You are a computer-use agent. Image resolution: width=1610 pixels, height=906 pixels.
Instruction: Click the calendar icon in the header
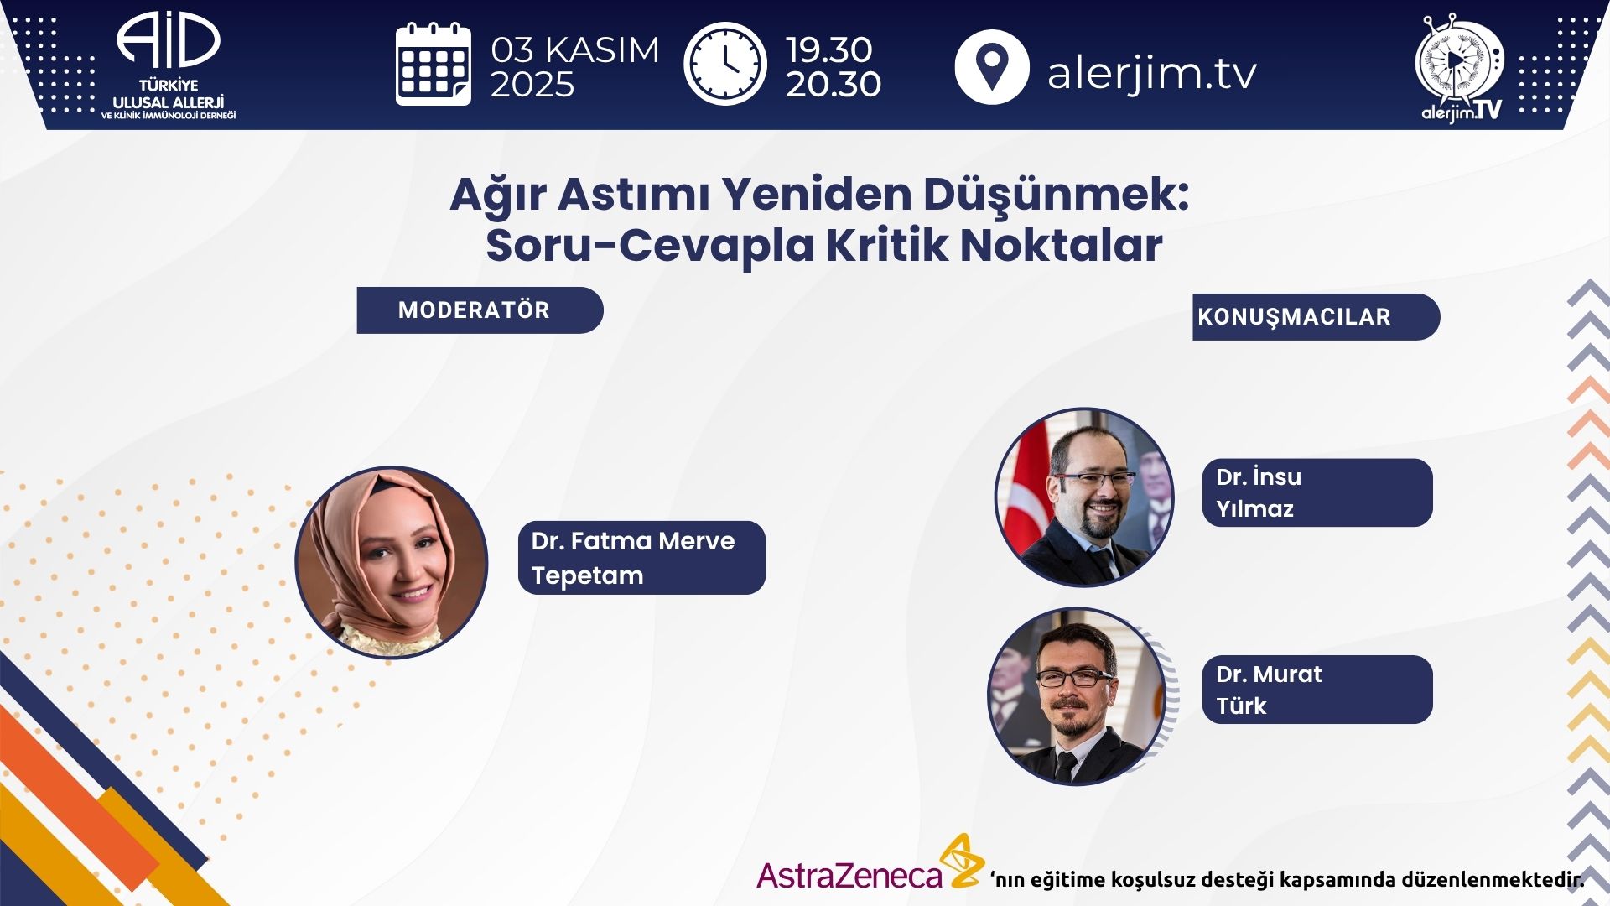tap(433, 65)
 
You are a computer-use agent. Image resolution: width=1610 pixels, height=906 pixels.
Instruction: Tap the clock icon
tap(725, 65)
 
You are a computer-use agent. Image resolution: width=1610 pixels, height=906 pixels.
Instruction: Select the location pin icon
tap(992, 66)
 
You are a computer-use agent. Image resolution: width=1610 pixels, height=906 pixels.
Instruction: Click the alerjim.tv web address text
tap(1152, 72)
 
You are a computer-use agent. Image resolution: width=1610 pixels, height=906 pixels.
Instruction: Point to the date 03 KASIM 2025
tap(574, 67)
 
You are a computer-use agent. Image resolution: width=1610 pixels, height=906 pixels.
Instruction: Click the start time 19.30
tap(829, 49)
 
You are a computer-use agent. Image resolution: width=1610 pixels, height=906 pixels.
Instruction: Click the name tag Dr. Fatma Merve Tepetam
tap(641, 558)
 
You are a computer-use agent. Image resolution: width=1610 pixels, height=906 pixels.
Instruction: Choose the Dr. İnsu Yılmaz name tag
tap(1317, 492)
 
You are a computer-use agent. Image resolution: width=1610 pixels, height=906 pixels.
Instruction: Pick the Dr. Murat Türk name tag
tap(1317, 690)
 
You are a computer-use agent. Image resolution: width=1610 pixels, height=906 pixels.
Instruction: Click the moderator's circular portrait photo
tap(392, 562)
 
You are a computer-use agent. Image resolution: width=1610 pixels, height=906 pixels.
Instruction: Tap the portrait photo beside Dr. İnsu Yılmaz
tap(1084, 497)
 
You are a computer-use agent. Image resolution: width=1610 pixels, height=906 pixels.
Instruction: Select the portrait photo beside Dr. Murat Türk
tap(1078, 696)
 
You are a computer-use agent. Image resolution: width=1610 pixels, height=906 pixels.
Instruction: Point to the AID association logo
tap(169, 65)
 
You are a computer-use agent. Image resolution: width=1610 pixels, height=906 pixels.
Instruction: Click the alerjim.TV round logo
tap(1460, 68)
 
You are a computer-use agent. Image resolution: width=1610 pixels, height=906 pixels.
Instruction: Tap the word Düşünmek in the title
tap(1056, 195)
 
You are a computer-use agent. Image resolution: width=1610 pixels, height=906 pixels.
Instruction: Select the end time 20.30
tap(834, 84)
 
